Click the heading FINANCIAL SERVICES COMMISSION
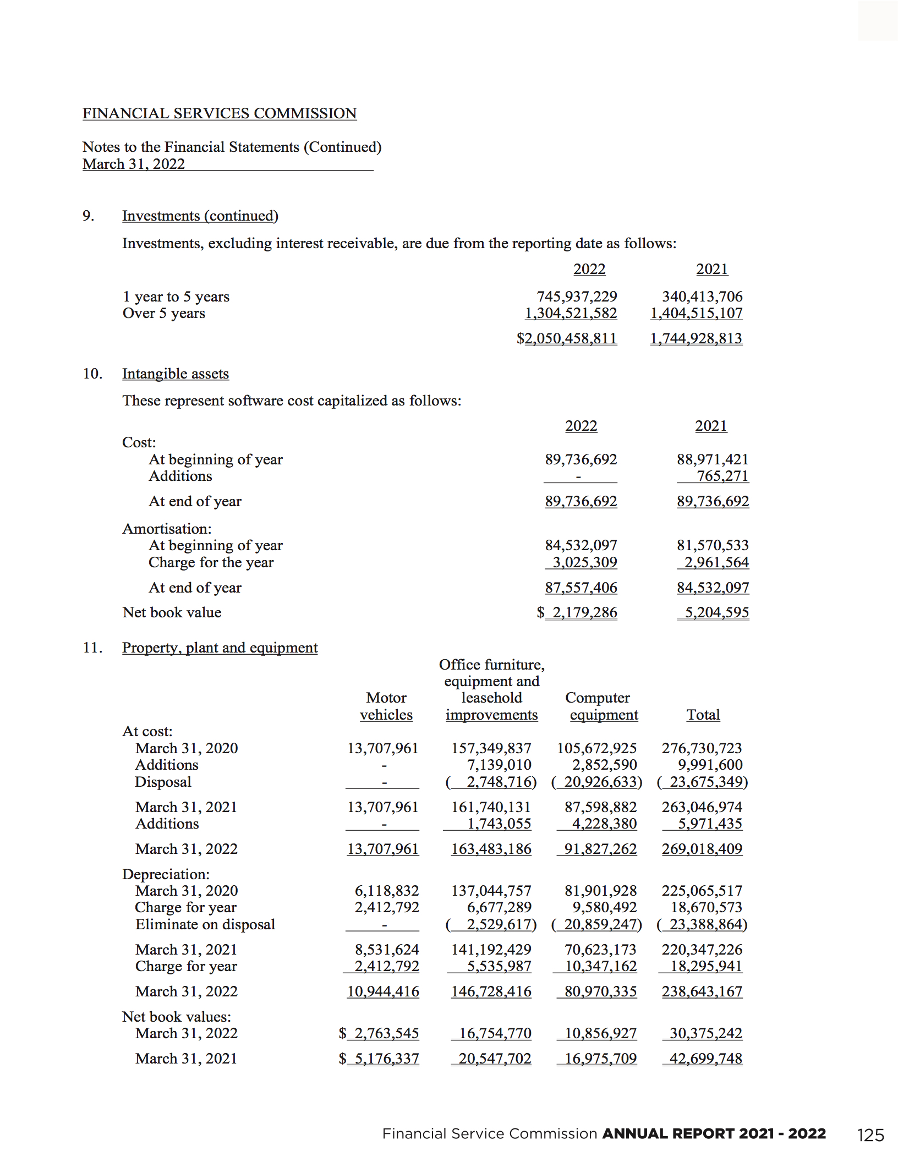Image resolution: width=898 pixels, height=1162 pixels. click(x=220, y=113)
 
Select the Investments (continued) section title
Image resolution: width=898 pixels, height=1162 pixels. click(x=200, y=216)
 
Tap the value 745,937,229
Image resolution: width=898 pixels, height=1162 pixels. click(x=577, y=297)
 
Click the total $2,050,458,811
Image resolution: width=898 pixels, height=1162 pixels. click(x=567, y=338)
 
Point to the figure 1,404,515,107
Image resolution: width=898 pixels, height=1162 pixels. click(x=696, y=313)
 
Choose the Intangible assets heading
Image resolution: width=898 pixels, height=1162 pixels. click(x=176, y=374)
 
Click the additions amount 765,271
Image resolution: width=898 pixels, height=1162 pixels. click(x=722, y=476)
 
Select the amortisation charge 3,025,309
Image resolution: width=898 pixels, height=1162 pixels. click(x=584, y=562)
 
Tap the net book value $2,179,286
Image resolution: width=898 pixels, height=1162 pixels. click(x=578, y=612)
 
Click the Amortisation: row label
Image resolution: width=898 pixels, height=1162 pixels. click(x=167, y=529)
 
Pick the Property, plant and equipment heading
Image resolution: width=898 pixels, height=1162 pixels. click(x=220, y=648)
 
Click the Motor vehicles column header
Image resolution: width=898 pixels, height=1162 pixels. click(x=386, y=706)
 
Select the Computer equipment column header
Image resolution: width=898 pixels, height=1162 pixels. click(x=601, y=706)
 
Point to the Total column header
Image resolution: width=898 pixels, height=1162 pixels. click(x=703, y=715)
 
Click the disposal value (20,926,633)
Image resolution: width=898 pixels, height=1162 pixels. click(x=596, y=782)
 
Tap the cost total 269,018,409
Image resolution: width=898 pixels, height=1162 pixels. click(x=702, y=849)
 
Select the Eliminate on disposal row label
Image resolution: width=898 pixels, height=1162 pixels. click(x=205, y=924)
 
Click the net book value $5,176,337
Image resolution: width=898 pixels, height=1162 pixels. click(x=380, y=1059)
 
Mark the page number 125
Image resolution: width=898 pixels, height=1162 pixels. click(x=870, y=1135)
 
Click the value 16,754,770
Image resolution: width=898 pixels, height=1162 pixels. click(x=495, y=1033)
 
